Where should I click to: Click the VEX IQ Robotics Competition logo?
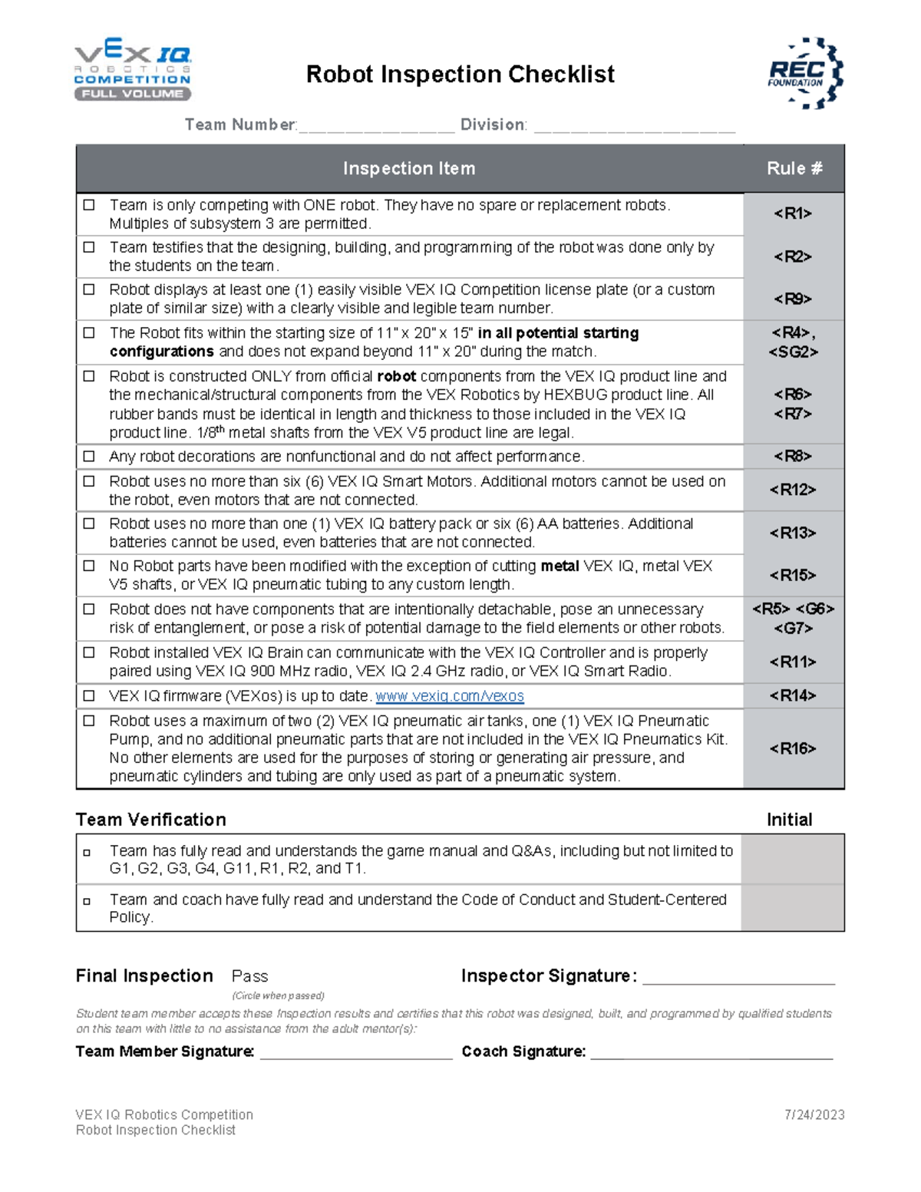click(x=132, y=71)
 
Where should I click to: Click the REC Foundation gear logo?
click(x=805, y=73)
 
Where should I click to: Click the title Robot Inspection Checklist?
click(x=460, y=74)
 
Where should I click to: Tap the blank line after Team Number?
click(x=377, y=127)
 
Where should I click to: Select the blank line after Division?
click(x=634, y=127)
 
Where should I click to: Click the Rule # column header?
click(x=794, y=169)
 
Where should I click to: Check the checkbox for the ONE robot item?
click(x=90, y=205)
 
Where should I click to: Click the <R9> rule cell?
click(x=793, y=299)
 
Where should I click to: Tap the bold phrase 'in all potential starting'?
click(x=558, y=333)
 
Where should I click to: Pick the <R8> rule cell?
click(x=793, y=456)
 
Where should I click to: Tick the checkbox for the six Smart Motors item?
click(x=90, y=481)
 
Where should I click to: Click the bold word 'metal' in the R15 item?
click(x=560, y=566)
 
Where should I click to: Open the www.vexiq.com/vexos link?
click(x=450, y=696)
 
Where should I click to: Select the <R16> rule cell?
click(x=793, y=748)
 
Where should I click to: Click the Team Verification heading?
click(x=151, y=820)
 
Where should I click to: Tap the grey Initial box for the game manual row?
click(x=792, y=859)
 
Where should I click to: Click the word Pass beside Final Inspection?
click(x=249, y=976)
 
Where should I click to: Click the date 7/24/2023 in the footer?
click(x=814, y=1115)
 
